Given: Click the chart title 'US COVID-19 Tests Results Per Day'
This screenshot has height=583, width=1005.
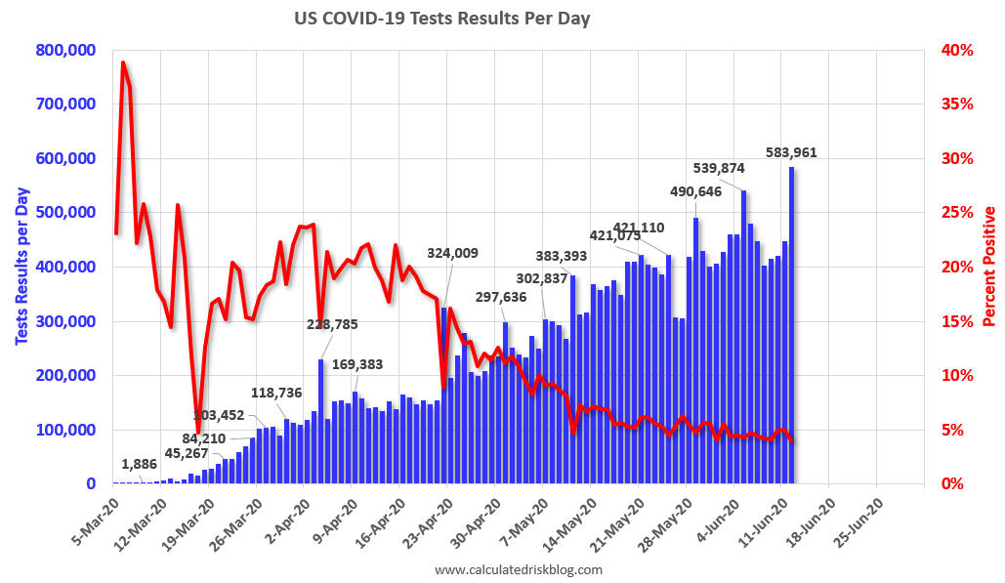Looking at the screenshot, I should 442,19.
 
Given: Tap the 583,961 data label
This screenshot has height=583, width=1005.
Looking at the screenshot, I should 791,152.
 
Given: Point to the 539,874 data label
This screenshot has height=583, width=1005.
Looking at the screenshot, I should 719,167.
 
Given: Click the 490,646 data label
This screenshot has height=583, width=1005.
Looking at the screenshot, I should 695,190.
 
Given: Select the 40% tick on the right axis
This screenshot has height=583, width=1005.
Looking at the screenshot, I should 955,50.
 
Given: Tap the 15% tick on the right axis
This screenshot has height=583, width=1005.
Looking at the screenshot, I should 955,321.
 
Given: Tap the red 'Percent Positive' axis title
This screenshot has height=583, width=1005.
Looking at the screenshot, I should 989,267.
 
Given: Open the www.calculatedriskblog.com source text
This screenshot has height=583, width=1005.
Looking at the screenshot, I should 518,569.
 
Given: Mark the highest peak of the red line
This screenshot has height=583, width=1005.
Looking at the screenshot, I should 123,62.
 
